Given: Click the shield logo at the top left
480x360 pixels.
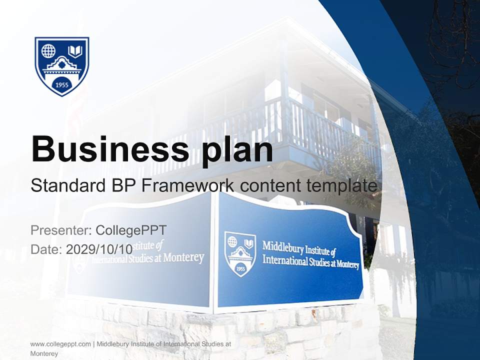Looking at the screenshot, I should [61, 65].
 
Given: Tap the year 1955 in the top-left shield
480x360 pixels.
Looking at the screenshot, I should [61, 84].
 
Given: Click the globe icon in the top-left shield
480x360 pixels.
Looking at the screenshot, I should [48, 50].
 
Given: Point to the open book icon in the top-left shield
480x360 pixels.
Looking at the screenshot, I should [75, 50].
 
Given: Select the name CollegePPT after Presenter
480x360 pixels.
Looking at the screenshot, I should [131, 230].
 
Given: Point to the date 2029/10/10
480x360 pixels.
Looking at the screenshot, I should [99, 249].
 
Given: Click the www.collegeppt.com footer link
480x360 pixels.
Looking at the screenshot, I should [60, 344].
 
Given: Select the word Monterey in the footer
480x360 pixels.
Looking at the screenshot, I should [44, 353].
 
